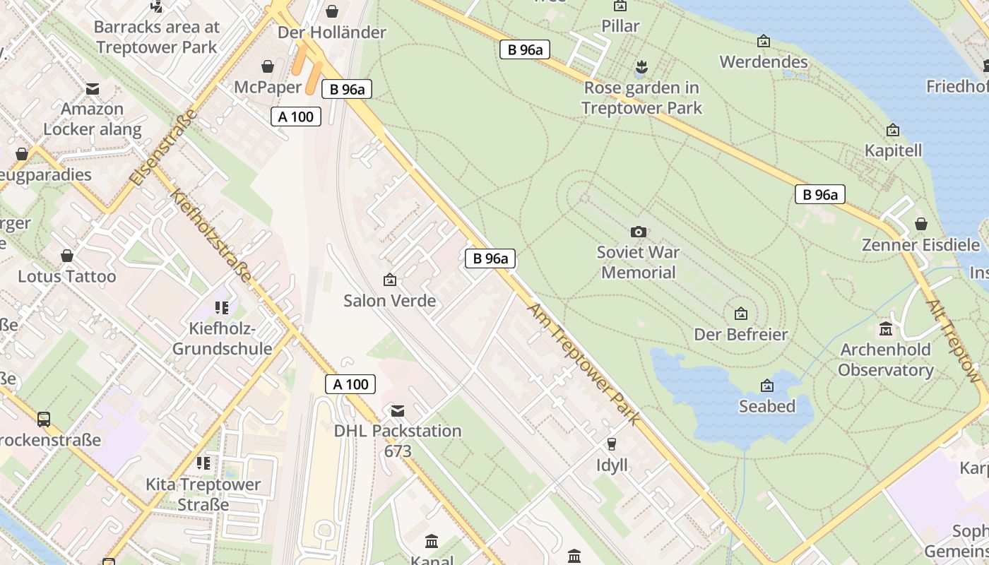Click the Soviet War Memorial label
tap(638, 262)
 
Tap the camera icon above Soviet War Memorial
tap(638, 232)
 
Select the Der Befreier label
tap(740, 334)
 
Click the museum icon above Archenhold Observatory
tap(886, 329)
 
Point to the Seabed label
tap(766, 406)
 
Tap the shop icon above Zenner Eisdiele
tap(920, 224)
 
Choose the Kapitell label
tap(893, 150)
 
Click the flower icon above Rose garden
tap(641, 67)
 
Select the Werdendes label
tap(763, 61)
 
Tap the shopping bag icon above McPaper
tap(268, 66)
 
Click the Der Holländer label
tap(331, 32)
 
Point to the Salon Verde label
tap(389, 300)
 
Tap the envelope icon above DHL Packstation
tap(398, 410)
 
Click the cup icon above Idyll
tap(611, 444)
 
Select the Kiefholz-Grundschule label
tap(222, 338)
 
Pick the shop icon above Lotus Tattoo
tap(66, 255)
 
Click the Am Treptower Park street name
tap(583, 364)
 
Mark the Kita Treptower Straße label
tap(203, 494)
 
